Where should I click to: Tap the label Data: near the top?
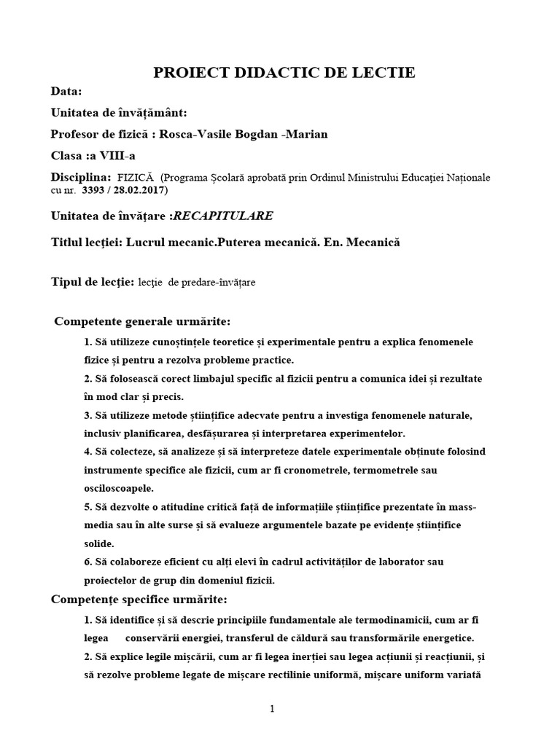click(66, 92)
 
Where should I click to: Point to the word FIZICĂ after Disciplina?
click(133, 178)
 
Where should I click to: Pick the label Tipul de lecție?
click(92, 282)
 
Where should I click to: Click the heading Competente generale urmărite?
click(143, 322)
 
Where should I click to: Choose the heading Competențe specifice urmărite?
click(139, 600)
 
